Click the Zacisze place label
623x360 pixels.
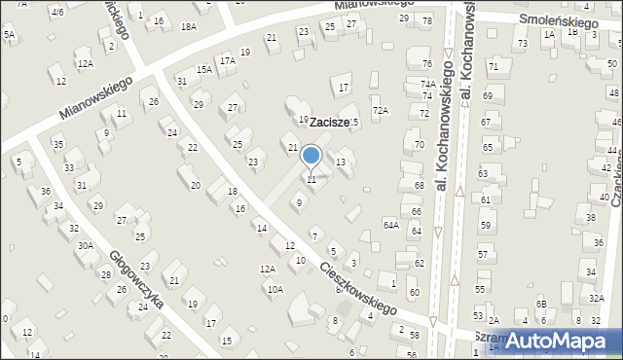coord(329,124)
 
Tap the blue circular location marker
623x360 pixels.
coord(311,156)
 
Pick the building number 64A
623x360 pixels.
coord(390,225)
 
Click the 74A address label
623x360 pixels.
coord(427,84)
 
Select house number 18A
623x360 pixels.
coord(188,27)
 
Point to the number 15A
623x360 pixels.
coord(203,69)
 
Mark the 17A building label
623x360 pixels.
coord(227,60)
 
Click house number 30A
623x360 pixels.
coord(86,245)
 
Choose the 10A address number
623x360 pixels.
coord(275,289)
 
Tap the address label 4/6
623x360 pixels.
coord(58,12)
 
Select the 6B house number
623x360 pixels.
coord(541,305)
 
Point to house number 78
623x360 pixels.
coord(426,20)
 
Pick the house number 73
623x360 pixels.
coord(523,44)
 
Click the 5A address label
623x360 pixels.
coord(10,34)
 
